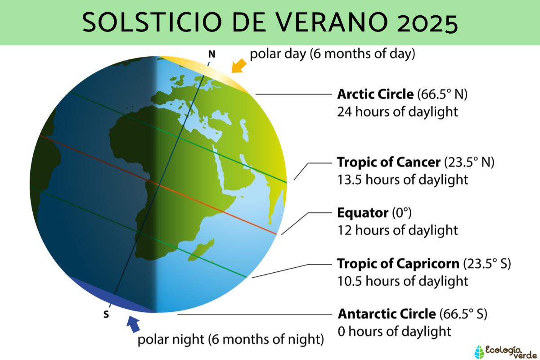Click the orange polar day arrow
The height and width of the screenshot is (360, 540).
[x=238, y=66]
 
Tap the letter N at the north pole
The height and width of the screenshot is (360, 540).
[x=211, y=54]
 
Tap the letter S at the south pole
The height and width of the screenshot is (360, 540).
[x=106, y=315]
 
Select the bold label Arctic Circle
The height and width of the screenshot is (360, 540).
[x=375, y=94]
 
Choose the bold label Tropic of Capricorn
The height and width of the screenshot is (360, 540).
[x=397, y=263]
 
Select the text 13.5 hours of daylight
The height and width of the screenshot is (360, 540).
[x=403, y=179]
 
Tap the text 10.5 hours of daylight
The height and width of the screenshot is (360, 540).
[x=403, y=281]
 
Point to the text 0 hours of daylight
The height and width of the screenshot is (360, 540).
[x=394, y=331]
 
